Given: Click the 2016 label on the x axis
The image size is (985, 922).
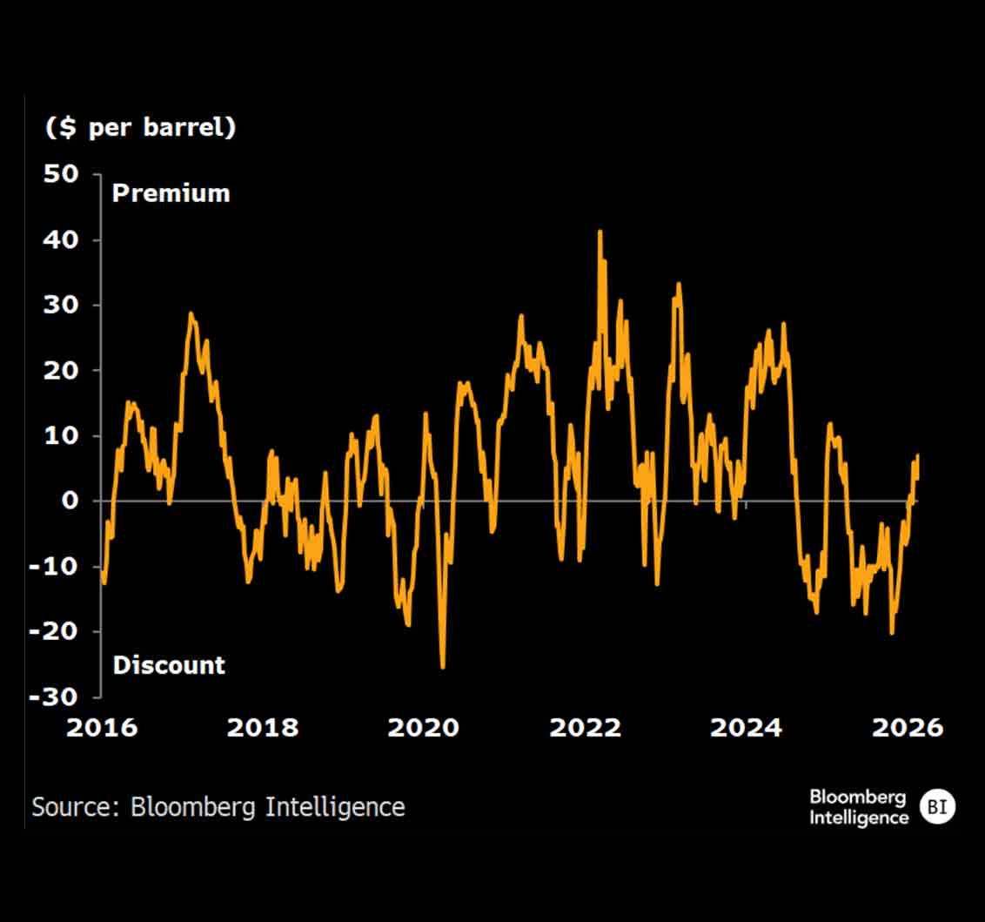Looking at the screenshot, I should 102,728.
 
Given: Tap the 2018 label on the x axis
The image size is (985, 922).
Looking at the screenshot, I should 263,728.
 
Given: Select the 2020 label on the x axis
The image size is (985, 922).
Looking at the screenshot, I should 424,728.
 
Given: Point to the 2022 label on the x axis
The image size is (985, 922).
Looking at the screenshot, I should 586,728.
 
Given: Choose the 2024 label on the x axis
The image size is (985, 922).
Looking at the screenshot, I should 747,728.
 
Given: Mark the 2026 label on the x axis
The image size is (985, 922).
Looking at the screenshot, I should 908,728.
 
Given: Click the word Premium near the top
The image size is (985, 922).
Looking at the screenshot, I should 171,193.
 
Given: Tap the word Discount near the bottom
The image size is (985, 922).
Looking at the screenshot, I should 170,665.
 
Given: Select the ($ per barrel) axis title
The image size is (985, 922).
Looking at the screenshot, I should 141,127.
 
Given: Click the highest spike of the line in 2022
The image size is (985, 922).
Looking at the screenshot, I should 600,232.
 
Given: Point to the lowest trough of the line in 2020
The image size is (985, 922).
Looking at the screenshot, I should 443,667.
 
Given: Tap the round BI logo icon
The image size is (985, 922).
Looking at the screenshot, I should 937,807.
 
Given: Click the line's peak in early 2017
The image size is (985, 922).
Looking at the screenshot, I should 191,313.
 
